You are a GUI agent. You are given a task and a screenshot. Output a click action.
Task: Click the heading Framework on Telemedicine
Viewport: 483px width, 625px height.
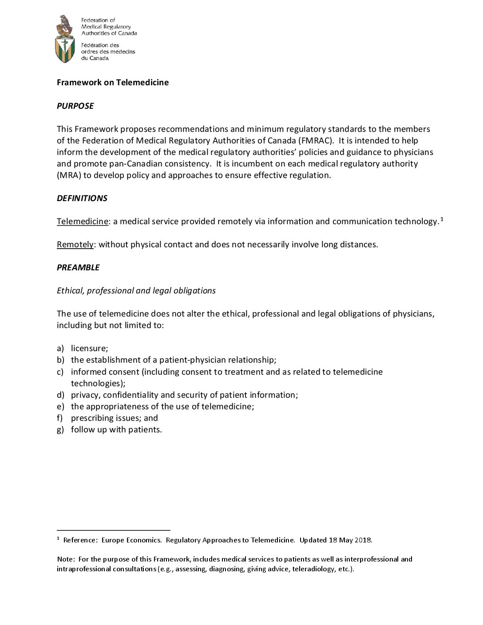pyautogui.click(x=113, y=83)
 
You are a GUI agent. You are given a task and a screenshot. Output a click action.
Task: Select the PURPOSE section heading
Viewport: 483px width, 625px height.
pyautogui.click(x=75, y=106)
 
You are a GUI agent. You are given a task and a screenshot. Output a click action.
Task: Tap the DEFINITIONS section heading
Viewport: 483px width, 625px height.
pyautogui.click(x=82, y=198)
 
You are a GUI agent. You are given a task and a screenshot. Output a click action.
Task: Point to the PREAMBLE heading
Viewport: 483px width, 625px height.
pyautogui.click(x=78, y=267)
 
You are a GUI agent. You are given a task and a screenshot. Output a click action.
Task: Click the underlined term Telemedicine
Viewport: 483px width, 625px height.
pyautogui.click(x=83, y=221)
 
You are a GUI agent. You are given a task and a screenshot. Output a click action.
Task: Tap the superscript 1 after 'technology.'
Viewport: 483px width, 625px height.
pyautogui.click(x=442, y=219)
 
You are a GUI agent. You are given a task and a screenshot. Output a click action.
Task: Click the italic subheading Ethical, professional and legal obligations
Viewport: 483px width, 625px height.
pyautogui.click(x=136, y=290)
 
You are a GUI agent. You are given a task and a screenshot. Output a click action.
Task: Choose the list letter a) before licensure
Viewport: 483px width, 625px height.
pyautogui.click(x=60, y=348)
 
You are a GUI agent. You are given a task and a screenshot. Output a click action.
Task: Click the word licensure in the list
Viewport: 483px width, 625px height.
pyautogui.click(x=89, y=348)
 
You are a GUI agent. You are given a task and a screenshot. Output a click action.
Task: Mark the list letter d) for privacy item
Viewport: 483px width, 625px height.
pyautogui.click(x=60, y=395)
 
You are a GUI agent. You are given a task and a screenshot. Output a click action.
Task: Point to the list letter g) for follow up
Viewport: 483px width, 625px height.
pyautogui.click(x=60, y=429)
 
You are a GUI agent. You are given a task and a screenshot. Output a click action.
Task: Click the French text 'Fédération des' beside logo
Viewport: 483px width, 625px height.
pyautogui.click(x=100, y=45)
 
